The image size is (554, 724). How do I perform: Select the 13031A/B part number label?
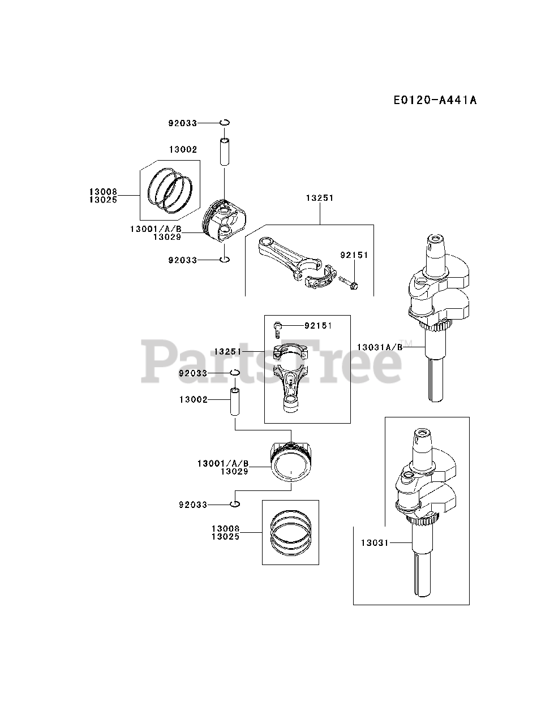(379, 347)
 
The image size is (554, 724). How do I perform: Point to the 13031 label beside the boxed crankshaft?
(373, 543)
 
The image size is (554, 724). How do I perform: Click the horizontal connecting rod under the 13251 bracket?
(289, 260)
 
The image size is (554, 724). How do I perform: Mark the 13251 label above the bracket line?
(320, 198)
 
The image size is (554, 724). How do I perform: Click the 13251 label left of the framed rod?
(228, 351)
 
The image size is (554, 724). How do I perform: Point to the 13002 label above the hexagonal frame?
(183, 149)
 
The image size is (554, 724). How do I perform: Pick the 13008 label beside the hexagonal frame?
(102, 192)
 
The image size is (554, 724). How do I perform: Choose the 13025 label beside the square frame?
(225, 536)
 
